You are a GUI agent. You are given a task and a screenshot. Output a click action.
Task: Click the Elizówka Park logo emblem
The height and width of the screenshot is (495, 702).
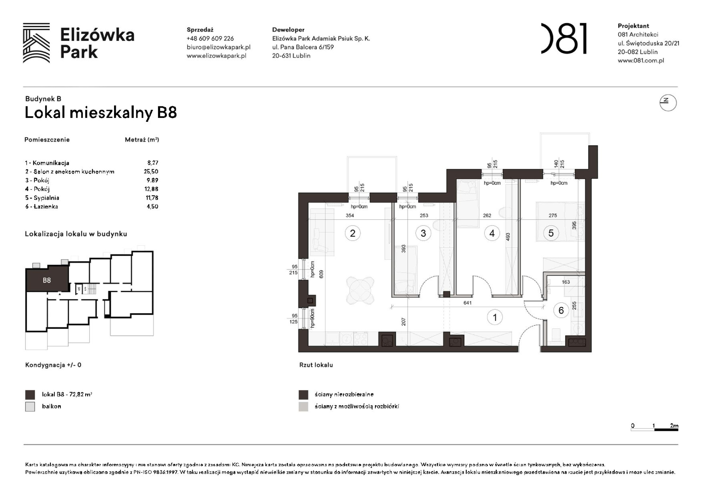click(x=36, y=43)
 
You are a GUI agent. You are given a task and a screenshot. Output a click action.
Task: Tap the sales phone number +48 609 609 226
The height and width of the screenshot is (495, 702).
click(x=210, y=39)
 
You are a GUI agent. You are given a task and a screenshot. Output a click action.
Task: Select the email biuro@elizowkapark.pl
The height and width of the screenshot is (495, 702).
click(x=218, y=47)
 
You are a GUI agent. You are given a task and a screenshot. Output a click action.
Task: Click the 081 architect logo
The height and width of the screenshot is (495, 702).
click(x=564, y=39)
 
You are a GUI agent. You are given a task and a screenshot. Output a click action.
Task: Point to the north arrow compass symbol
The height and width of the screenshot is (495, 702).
click(x=668, y=102)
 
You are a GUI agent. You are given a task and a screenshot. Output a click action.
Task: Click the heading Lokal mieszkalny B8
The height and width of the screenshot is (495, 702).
click(x=101, y=113)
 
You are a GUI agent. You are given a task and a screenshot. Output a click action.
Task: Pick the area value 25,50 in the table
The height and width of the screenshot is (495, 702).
click(x=151, y=172)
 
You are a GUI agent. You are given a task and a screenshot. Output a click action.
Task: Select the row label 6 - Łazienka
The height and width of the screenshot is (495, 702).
click(x=41, y=207)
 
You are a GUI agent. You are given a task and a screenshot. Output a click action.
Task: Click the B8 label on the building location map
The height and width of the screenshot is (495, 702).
click(x=47, y=280)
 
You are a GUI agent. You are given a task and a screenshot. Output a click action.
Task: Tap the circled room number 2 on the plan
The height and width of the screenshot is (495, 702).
click(x=352, y=233)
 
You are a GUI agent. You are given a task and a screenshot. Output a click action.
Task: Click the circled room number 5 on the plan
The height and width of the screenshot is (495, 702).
click(x=551, y=233)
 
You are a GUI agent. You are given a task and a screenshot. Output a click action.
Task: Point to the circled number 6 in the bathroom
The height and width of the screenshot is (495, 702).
click(x=561, y=310)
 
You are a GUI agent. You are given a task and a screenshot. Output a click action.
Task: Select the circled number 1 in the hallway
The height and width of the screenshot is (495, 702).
click(x=495, y=317)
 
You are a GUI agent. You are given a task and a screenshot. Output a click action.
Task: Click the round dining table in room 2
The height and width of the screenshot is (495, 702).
click(x=360, y=290)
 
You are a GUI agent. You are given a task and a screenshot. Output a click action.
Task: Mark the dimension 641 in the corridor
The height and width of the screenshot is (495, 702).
click(x=467, y=303)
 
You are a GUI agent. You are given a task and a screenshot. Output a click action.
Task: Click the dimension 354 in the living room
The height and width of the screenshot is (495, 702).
click(x=350, y=215)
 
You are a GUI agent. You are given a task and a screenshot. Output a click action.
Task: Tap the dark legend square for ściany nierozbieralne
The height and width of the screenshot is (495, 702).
click(x=303, y=395)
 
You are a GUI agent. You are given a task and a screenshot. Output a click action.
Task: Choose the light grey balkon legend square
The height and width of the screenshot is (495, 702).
click(x=30, y=407)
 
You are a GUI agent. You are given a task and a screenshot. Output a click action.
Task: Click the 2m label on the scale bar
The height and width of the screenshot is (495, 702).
click(x=674, y=426)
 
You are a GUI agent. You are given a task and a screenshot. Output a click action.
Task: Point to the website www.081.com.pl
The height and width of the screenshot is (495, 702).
click(x=641, y=60)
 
